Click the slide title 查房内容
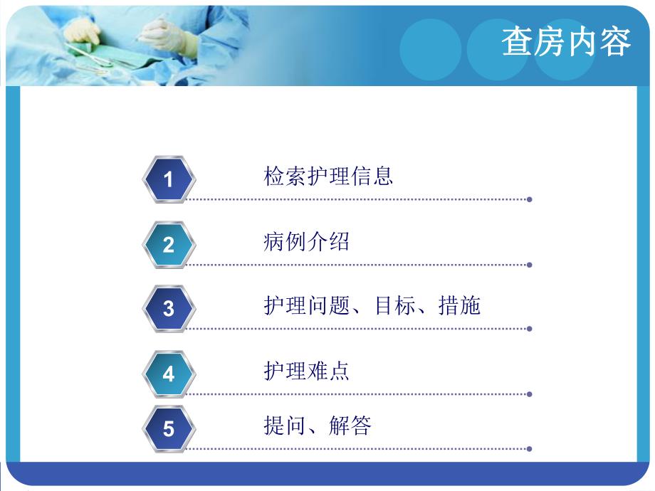tap(566, 43)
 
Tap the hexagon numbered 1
tap(168, 179)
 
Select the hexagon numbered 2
tap(168, 245)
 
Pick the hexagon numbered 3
tap(168, 309)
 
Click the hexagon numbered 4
tap(168, 374)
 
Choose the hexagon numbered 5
tap(168, 429)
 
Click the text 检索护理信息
tap(328, 176)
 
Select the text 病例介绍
tap(306, 241)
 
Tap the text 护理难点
tap(306, 371)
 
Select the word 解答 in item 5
tap(350, 426)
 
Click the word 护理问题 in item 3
tap(306, 306)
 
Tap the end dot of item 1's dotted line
tap(529, 199)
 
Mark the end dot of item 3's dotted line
tap(529, 329)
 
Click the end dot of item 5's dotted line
tap(529, 449)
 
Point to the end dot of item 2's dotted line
tap(529, 265)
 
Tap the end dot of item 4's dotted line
tap(529, 394)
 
